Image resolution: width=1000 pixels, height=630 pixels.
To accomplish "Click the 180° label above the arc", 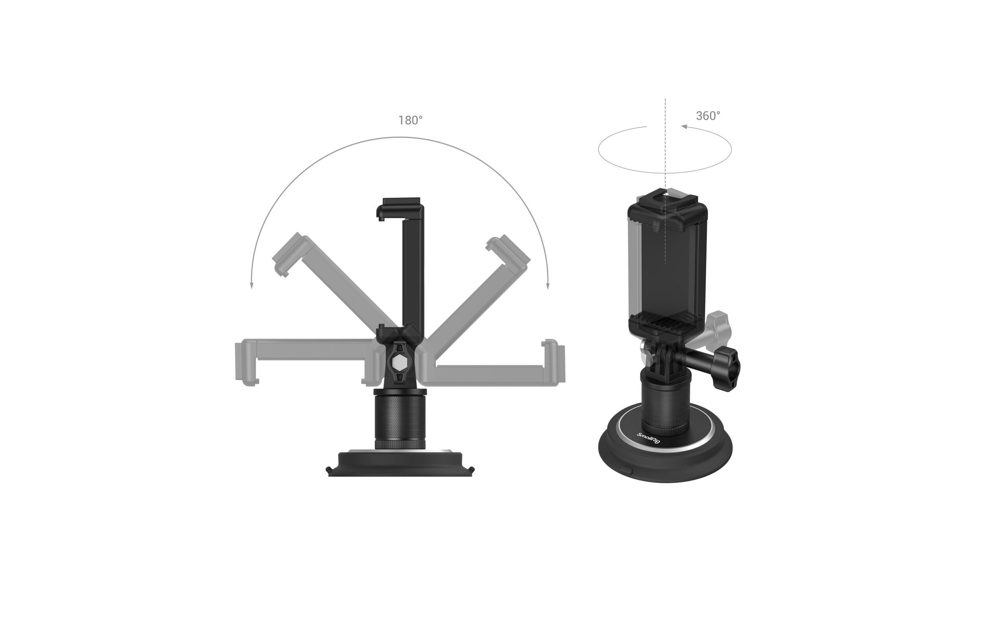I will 410,120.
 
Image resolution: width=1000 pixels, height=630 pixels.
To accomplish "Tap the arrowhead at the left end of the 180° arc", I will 251,285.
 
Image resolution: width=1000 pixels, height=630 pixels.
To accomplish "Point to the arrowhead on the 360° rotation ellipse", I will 684,126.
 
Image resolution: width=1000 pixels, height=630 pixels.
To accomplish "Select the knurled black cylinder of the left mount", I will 400,421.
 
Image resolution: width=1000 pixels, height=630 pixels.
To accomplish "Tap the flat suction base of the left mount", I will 400,465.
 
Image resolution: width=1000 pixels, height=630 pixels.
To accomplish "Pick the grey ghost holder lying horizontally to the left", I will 307,361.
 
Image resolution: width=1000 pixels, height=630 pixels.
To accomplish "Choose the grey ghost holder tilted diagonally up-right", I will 473,287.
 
